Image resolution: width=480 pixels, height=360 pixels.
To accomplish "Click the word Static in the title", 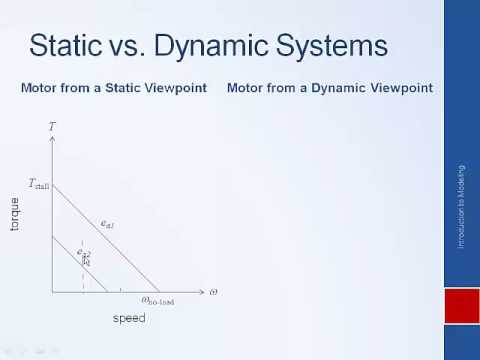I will click(x=67, y=46).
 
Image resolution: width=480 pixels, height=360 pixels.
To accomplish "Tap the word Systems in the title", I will click(x=334, y=46).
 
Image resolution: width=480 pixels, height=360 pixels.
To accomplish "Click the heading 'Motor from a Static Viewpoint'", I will click(x=113, y=88).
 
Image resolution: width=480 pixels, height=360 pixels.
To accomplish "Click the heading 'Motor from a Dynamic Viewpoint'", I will click(x=329, y=88).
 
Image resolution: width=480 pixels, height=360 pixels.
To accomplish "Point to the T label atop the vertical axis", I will click(x=51, y=127).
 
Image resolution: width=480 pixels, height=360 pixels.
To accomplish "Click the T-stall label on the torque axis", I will click(x=39, y=183).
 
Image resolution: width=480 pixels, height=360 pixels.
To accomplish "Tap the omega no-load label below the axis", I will click(x=158, y=300).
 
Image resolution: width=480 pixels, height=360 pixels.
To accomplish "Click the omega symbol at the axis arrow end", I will click(x=212, y=291).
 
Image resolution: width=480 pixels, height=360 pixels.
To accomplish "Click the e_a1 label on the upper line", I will click(x=107, y=223).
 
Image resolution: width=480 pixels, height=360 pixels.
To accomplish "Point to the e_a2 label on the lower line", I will click(x=85, y=254).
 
